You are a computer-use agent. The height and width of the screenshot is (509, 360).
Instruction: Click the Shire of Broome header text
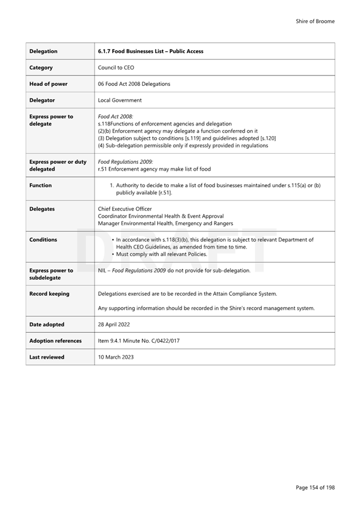pos(315,21)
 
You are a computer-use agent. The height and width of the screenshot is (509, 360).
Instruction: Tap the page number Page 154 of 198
pos(315,487)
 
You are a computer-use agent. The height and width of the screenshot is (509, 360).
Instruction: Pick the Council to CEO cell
pos(114,68)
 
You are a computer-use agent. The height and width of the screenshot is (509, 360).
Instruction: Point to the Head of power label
pos(49,84)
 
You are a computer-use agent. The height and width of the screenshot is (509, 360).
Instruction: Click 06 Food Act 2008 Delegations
pos(134,84)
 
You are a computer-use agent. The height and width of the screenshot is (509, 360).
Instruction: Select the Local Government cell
pos(120,100)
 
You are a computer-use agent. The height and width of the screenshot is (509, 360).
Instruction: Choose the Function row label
pos(40,186)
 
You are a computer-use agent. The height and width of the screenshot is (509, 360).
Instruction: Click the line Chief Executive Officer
pos(125,209)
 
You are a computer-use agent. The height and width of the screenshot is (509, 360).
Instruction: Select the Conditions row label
pos(43,240)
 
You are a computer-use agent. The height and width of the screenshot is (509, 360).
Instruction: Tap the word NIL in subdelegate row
pos(103,270)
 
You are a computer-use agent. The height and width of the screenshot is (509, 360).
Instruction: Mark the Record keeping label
pos(49,294)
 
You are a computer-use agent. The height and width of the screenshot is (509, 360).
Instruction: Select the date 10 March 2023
pos(116,357)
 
